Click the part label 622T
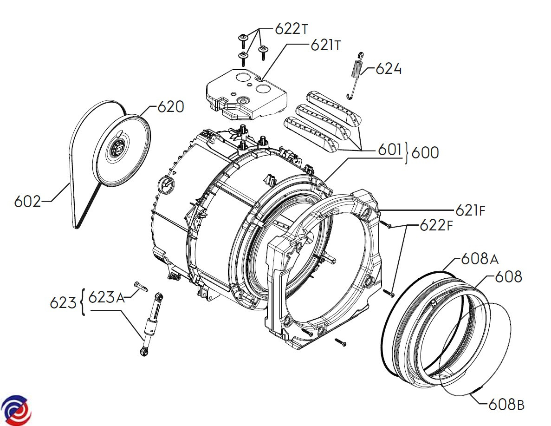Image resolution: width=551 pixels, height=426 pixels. point(291,29)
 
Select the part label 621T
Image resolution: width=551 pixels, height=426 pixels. point(326,46)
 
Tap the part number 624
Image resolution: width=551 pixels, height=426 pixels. point(389,70)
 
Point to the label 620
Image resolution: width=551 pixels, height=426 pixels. point(170,107)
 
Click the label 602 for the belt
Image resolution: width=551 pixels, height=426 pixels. point(27,202)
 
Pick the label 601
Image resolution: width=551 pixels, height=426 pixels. point(389,150)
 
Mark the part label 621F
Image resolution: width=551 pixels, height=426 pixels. point(470,211)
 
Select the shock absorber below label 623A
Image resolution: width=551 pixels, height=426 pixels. point(152,324)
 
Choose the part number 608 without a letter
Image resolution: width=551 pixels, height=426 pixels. point(508,277)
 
